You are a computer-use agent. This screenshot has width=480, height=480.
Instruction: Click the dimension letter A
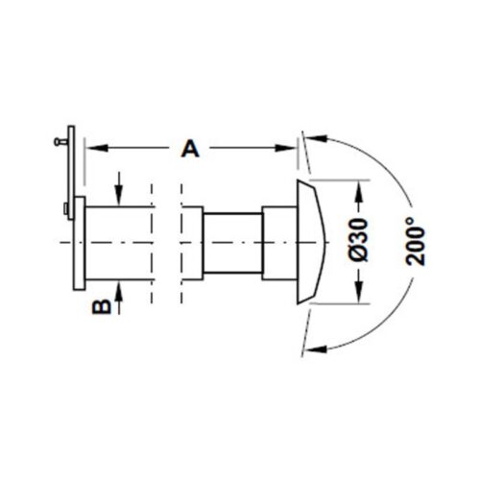point(190,149)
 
